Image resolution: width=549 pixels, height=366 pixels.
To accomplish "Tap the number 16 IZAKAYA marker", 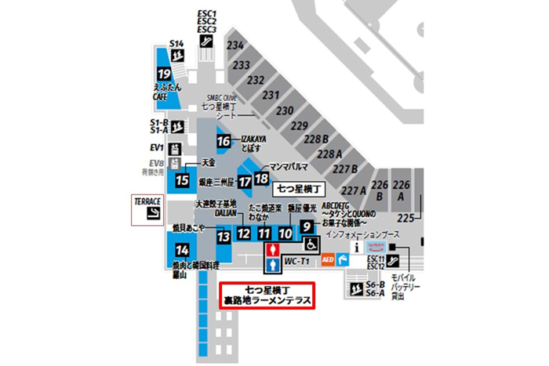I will tap(224, 141).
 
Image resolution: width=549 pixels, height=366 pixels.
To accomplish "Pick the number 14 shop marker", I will tap(182, 251).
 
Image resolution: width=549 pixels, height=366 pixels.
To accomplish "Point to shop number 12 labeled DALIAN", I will tap(244, 233).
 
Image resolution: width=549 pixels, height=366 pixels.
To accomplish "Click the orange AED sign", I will tap(328, 258).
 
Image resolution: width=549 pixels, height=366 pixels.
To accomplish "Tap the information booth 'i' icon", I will tap(357, 247).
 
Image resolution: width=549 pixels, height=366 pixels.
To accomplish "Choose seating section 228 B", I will tap(318, 139).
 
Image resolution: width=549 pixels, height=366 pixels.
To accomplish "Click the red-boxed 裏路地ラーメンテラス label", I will tap(267, 295).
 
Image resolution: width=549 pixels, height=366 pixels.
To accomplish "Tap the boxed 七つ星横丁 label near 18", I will tap(296, 188).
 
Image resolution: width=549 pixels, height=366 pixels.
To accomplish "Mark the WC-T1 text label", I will tap(295, 261).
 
